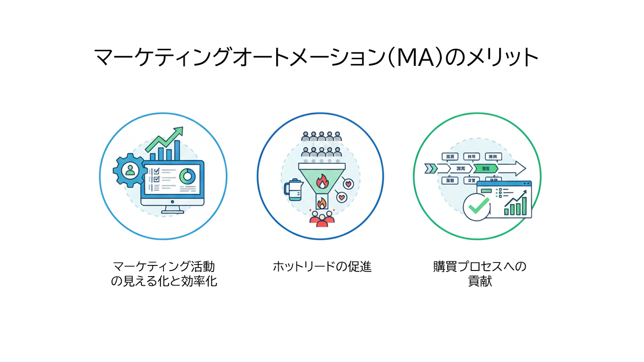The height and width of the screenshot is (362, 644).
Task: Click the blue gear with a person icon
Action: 130,170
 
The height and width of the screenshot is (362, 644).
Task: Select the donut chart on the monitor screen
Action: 188,176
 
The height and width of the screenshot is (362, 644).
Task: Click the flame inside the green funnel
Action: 320,180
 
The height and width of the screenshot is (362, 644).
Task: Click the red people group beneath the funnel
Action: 321,219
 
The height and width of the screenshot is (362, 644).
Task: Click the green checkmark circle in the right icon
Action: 476,207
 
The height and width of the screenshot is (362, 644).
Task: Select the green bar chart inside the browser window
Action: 516,206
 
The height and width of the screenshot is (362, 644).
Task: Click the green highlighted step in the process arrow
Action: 485,168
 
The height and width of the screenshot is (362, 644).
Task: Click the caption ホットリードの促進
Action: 321,266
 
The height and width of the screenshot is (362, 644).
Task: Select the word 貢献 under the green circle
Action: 479,281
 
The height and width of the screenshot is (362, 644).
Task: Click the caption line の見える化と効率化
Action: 164,281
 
